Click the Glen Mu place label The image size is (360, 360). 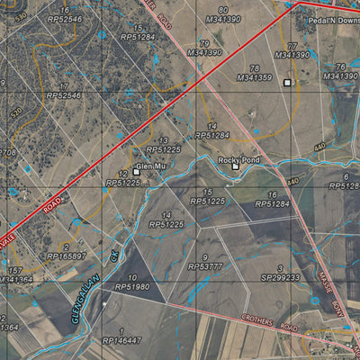point(155,166)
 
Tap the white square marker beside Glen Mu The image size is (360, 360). point(137,171)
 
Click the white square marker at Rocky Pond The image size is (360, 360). point(236,166)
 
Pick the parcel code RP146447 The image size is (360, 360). point(122,342)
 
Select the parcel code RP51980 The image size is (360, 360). point(133,287)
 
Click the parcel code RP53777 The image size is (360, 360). point(205,267)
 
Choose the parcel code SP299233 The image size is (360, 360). point(281,279)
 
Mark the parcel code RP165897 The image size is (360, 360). point(66,256)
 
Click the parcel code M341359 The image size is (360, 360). point(255,77)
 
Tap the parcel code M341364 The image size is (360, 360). point(16,280)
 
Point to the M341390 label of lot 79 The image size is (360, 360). point(205,53)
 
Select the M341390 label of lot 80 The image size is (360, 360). point(223,18)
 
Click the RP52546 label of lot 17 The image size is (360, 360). point(64,94)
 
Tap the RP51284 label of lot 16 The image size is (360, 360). point(272,204)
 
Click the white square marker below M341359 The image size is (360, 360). point(287,83)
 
